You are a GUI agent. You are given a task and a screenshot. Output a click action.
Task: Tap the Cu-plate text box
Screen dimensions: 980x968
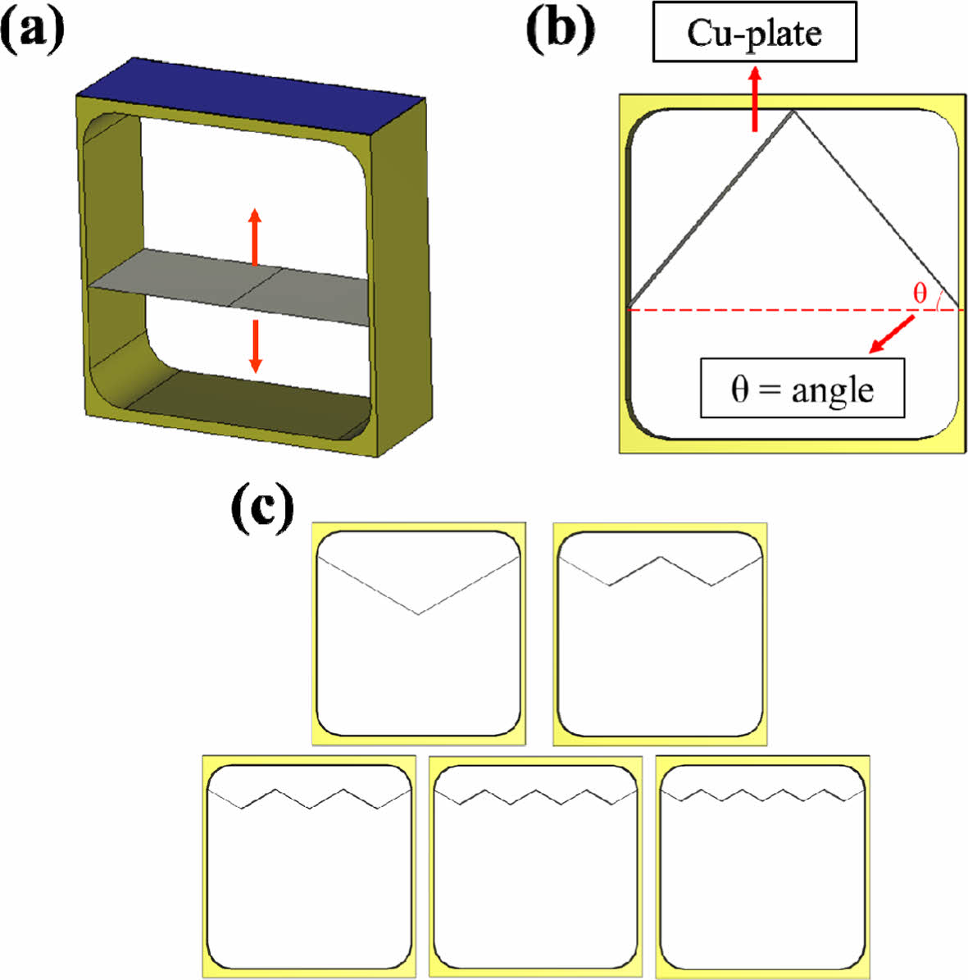(754, 33)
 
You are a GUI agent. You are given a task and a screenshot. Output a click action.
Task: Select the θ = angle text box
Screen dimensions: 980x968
(802, 388)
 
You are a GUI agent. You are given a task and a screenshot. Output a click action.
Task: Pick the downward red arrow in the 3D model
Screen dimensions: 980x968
(256, 345)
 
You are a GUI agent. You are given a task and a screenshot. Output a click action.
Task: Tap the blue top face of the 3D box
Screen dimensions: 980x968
(254, 94)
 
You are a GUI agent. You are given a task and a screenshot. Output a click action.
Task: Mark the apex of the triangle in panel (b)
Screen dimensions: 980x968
(793, 112)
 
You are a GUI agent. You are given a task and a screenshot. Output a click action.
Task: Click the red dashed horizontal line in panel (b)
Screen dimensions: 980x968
(738, 309)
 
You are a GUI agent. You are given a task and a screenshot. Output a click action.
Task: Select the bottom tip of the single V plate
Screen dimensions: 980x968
(419, 613)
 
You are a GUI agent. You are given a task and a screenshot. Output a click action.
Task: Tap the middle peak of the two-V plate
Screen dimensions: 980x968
(661, 558)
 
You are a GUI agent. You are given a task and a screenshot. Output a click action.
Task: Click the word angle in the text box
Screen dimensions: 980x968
(832, 390)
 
